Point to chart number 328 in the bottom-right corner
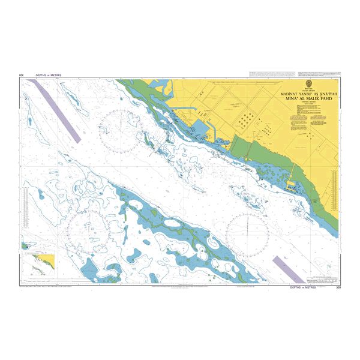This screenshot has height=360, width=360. pos(337,288)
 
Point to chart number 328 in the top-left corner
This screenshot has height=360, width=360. pos(22,76)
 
